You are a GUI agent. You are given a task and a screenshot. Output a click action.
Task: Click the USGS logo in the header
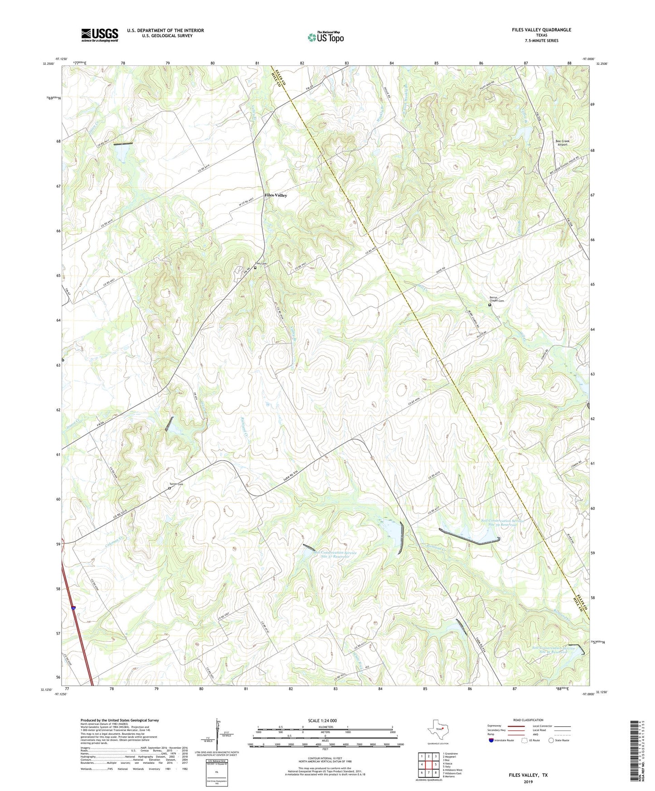point(100,35)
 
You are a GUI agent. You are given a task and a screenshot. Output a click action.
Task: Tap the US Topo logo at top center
point(325,37)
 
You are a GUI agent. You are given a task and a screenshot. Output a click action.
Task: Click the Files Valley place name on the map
point(276,195)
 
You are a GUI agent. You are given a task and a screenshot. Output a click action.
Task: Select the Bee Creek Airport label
point(562,143)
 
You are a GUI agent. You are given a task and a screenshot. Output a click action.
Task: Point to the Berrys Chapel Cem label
point(496,299)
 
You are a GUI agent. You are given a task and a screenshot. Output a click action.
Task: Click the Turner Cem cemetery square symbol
point(170,488)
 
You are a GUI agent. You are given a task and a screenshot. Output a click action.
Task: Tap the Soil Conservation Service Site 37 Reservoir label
point(335,555)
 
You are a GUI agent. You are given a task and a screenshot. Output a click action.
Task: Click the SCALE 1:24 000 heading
point(322,720)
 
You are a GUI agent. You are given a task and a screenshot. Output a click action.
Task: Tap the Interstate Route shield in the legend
point(491,740)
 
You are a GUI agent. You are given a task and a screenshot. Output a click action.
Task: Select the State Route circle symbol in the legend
point(551,740)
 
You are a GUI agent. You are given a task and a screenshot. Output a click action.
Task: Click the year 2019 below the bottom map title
point(528,782)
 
